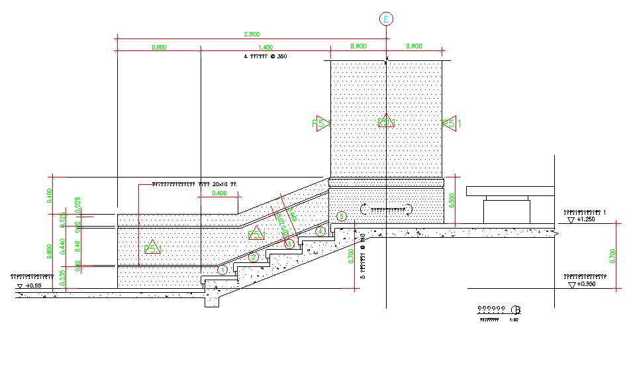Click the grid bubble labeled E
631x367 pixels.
pyautogui.click(x=386, y=19)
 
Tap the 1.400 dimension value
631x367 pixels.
pyautogui.click(x=265, y=47)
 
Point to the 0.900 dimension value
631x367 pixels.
pyautogui.click(x=159, y=47)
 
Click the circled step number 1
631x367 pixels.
pyautogui.click(x=222, y=270)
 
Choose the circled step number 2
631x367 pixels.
pyautogui.click(x=254, y=257)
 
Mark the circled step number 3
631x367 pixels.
pyautogui.click(x=289, y=244)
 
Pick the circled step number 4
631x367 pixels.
pyautogui.click(x=320, y=231)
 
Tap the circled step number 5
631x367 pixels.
pyautogui.click(x=341, y=216)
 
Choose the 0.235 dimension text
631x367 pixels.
pyautogui.click(x=62, y=279)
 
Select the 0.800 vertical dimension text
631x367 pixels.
pyautogui.click(x=50, y=252)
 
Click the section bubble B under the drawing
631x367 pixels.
pyautogui.click(x=516, y=310)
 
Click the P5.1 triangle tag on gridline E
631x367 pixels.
pyautogui.click(x=386, y=122)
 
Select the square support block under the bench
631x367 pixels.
pyautogui.click(x=507, y=211)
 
